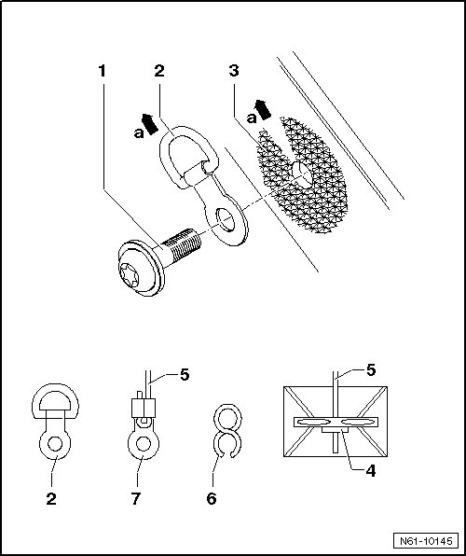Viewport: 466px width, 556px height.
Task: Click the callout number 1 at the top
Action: coord(103,71)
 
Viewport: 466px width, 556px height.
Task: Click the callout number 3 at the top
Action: coord(234,71)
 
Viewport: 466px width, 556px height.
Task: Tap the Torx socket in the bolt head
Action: coord(130,274)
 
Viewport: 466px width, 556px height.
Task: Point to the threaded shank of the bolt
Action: coord(184,244)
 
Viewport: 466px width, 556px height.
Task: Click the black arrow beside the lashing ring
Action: coord(150,124)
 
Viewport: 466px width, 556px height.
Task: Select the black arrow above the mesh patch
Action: coord(263,109)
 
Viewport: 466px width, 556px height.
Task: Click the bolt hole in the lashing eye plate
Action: coord(226,219)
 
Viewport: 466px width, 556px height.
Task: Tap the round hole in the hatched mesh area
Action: coord(302,174)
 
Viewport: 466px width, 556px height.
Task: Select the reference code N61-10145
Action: coord(426,541)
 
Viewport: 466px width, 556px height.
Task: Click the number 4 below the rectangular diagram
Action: coord(371,471)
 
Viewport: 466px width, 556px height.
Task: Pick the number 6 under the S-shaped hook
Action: coord(212,498)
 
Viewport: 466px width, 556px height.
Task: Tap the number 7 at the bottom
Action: coord(136,498)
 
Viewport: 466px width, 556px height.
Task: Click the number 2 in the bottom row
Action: coord(51,498)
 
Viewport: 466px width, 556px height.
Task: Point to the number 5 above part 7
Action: coord(185,375)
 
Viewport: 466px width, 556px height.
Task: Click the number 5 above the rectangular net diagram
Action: coord(371,370)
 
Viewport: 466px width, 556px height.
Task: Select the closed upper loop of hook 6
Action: coord(227,406)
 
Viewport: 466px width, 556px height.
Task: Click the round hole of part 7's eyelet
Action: coord(144,444)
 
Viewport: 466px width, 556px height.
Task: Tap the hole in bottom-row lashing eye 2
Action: coord(55,444)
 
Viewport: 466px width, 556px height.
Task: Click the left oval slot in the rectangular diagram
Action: coord(314,422)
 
